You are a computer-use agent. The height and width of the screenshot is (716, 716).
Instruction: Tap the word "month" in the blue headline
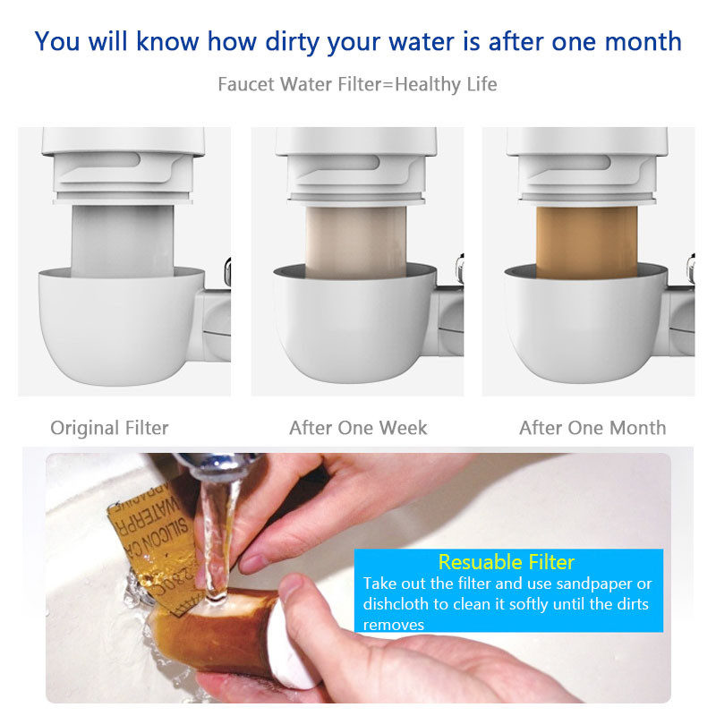[635, 41]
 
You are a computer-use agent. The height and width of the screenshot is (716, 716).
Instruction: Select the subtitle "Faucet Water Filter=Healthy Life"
[357, 85]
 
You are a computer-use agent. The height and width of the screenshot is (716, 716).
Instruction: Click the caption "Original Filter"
[109, 428]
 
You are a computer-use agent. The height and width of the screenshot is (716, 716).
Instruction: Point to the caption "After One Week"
[358, 428]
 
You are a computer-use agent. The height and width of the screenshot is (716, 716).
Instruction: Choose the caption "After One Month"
[592, 428]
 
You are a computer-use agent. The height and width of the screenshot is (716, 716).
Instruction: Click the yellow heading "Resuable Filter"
[506, 562]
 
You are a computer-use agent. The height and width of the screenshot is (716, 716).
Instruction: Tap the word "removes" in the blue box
[393, 625]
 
